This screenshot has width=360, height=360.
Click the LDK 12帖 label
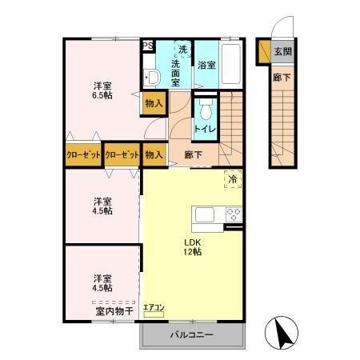coord(192,246)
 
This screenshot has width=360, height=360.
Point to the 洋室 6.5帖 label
coord(101,89)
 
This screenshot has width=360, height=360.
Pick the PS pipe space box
coord(147,46)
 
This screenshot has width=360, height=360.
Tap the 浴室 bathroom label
coord(206,65)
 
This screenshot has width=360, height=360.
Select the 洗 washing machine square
coord(183,50)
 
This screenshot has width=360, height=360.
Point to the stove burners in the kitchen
coord(234,214)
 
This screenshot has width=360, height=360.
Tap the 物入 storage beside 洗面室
coord(154,102)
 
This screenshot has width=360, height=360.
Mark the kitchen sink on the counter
coord(202,214)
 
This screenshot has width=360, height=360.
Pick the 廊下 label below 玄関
coord(281,78)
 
